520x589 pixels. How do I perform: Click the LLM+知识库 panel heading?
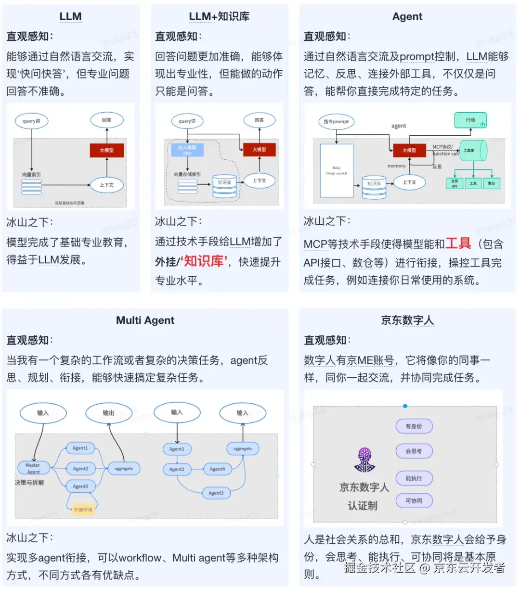click(219, 16)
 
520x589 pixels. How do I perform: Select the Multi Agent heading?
click(145, 320)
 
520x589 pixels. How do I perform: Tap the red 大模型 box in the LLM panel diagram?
click(107, 150)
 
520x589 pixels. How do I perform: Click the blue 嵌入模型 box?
click(187, 149)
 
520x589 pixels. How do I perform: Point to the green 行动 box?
click(470, 120)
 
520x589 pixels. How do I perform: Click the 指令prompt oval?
click(336, 122)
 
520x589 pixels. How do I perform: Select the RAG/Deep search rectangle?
click(336, 170)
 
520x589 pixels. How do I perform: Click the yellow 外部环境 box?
click(82, 510)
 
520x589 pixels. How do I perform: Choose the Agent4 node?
click(217, 469)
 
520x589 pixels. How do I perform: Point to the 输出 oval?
click(108, 413)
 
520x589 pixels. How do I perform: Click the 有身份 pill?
click(414, 426)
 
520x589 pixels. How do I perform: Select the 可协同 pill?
click(414, 501)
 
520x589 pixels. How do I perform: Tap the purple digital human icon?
click(364, 460)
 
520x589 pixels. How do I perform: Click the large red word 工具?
click(458, 243)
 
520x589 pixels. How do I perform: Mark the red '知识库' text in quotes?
click(204, 261)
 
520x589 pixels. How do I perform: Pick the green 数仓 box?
click(491, 183)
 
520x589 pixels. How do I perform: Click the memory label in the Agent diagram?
click(396, 166)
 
